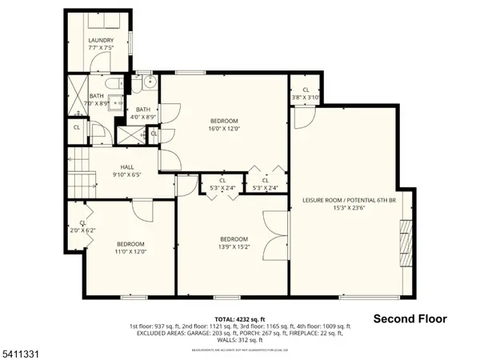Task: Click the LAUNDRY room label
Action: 102,41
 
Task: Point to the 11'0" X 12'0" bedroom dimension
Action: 131,251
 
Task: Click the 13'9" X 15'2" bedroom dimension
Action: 234,246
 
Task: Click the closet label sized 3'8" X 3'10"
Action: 305,94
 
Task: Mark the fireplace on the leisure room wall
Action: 405,238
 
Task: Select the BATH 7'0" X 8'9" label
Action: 97,100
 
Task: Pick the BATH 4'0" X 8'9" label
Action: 144,113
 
